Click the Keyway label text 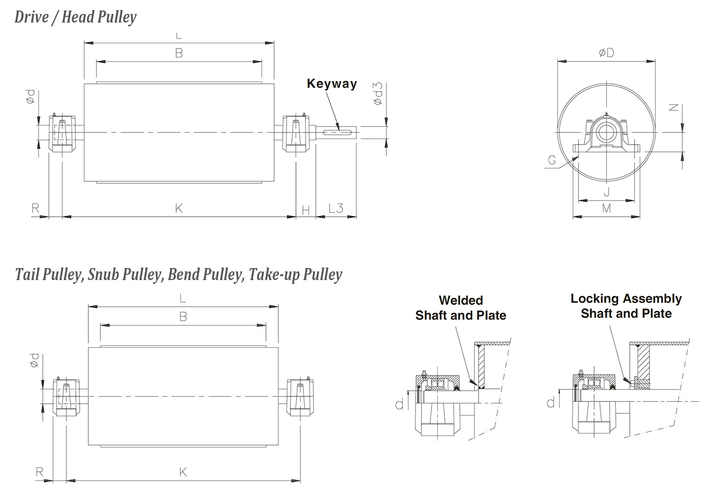(332, 84)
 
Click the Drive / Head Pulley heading (75, 17)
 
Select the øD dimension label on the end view (606, 53)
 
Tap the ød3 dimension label (378, 94)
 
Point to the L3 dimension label (336, 209)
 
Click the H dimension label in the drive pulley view (306, 210)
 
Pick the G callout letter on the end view (552, 161)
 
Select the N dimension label (674, 108)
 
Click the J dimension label (606, 192)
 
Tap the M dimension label (606, 209)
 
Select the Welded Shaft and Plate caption (460, 308)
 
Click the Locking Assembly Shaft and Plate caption (626, 306)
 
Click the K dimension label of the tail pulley (183, 472)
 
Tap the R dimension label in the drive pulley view (36, 209)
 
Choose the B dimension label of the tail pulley (183, 317)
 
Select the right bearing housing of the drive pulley (295, 133)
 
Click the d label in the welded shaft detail (399, 405)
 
